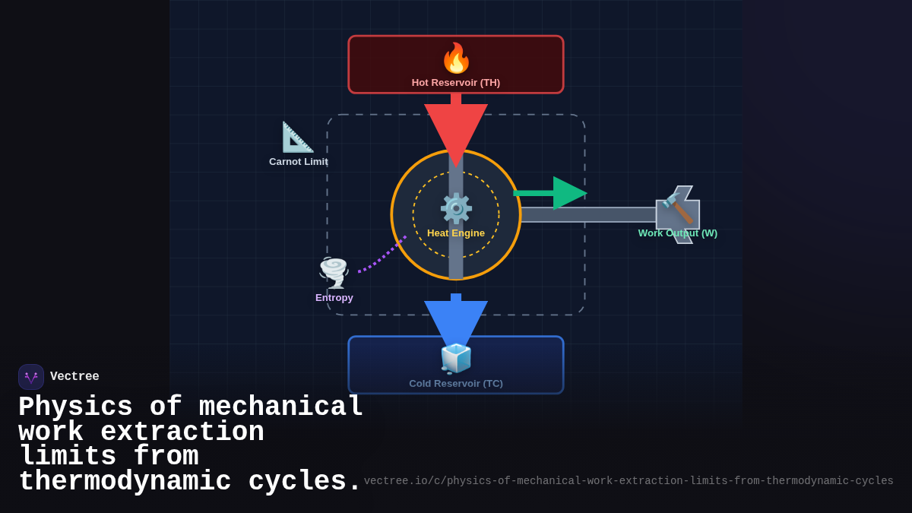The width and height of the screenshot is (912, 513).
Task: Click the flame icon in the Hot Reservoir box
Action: click(456, 58)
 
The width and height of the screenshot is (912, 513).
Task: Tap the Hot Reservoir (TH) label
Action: click(456, 82)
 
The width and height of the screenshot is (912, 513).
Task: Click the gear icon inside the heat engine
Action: click(456, 208)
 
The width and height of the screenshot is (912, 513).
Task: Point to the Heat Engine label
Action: click(456, 233)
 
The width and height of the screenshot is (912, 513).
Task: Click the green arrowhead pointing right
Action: click(568, 193)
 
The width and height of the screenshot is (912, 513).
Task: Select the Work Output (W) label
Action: click(677, 233)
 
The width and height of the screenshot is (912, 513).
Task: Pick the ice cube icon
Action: click(456, 358)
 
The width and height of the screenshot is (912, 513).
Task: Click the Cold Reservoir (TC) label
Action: click(456, 384)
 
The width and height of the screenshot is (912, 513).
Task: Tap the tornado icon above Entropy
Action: click(334, 272)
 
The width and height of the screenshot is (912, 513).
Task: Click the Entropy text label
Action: click(334, 298)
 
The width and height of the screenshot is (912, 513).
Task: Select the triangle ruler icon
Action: click(297, 137)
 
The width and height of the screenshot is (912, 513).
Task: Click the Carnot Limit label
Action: click(299, 162)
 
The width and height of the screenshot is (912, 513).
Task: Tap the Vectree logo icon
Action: click(31, 377)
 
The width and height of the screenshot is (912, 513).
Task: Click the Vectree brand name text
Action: click(74, 377)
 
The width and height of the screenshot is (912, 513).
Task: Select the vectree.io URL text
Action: click(628, 481)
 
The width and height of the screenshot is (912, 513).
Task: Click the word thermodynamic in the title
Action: click(125, 482)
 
